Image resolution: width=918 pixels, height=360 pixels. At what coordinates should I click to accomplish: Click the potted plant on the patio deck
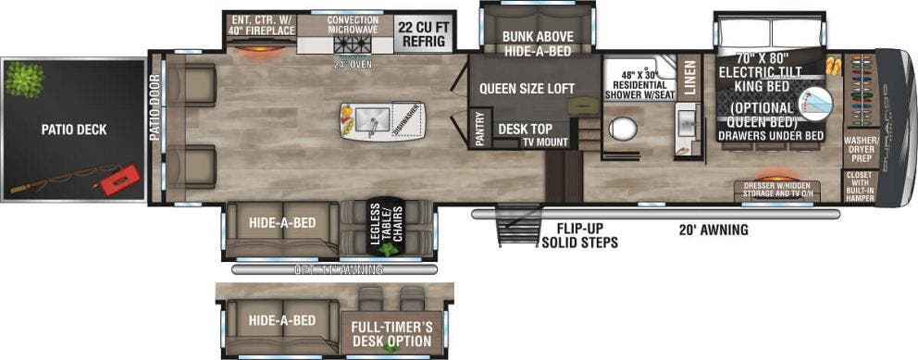coord(23,79)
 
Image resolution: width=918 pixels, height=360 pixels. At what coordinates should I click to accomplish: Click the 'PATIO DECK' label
coord(73,130)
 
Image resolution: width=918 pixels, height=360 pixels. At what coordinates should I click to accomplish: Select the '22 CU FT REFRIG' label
coord(423,32)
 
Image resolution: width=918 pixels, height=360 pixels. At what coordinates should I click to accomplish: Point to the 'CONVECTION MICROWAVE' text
coord(353,26)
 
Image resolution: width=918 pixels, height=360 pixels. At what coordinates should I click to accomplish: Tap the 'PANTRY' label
coord(479,129)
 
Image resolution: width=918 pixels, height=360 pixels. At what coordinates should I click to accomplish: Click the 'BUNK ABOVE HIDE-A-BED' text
coord(536,43)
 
